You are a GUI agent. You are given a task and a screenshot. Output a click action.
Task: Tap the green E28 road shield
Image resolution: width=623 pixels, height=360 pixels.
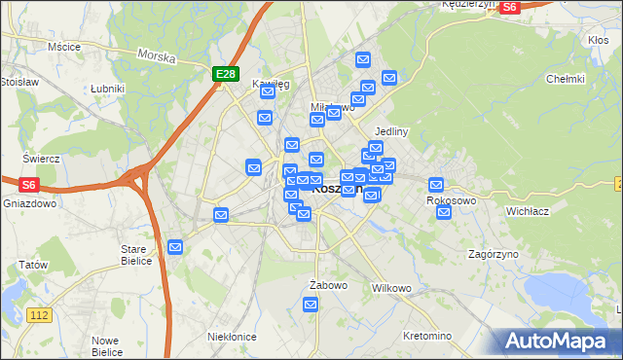(x=225, y=73)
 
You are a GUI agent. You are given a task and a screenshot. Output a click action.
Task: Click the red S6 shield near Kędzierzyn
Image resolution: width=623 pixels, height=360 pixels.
(x=510, y=8)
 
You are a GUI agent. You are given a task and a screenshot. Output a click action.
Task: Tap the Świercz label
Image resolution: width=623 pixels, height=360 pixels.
(x=42, y=159)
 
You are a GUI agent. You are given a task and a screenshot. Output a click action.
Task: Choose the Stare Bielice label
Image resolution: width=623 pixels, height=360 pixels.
(x=134, y=254)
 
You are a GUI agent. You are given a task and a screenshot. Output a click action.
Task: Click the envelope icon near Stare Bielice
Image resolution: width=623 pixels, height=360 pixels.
(x=175, y=247)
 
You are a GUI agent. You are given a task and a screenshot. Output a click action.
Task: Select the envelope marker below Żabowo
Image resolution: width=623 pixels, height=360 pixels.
(x=311, y=305)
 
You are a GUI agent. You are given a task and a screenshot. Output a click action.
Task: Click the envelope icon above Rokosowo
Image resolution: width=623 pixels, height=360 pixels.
(x=436, y=184)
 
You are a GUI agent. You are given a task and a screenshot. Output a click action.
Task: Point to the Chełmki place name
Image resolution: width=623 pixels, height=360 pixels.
(x=566, y=79)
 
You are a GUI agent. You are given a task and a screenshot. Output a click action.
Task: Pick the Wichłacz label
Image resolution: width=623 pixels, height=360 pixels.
(x=529, y=210)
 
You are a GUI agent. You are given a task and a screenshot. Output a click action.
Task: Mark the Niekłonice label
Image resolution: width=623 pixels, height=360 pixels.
(x=232, y=337)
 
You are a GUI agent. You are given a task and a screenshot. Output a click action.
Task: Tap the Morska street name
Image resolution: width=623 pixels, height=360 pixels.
(x=156, y=56)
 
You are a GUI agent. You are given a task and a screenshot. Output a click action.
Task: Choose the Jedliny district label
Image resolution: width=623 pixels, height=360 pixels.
(x=390, y=131)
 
